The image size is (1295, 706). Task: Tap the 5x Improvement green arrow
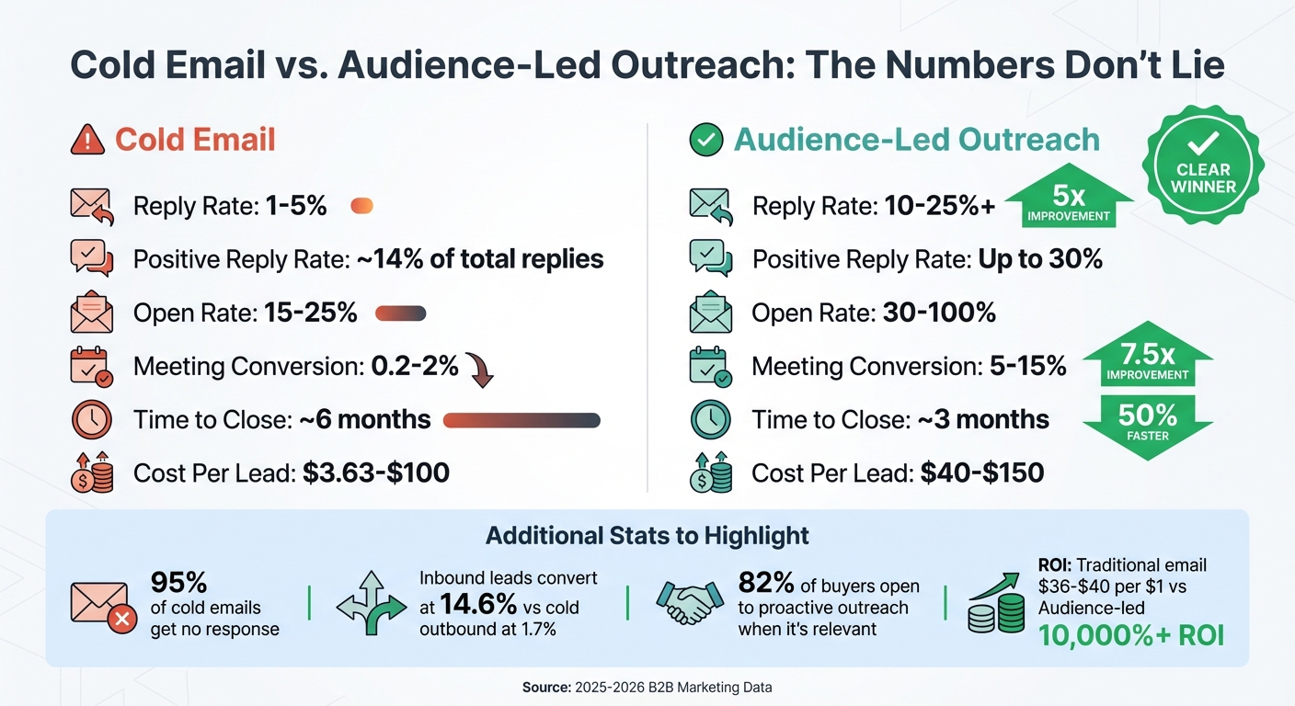click(x=1069, y=202)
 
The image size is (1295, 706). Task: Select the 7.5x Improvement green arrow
click(x=1148, y=356)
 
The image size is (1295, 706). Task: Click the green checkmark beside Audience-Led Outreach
click(x=705, y=140)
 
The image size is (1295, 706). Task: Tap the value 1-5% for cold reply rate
click(x=296, y=206)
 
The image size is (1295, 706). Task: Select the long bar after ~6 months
click(x=521, y=420)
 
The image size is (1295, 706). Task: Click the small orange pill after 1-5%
click(x=362, y=206)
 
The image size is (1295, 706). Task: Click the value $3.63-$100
click(x=375, y=473)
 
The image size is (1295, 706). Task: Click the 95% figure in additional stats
click(x=179, y=583)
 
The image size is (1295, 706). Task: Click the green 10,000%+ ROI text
click(x=1131, y=634)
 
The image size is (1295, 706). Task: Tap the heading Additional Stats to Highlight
click(x=647, y=536)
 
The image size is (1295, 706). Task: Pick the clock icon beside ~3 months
click(x=710, y=420)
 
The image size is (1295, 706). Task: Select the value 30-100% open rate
click(x=938, y=313)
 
